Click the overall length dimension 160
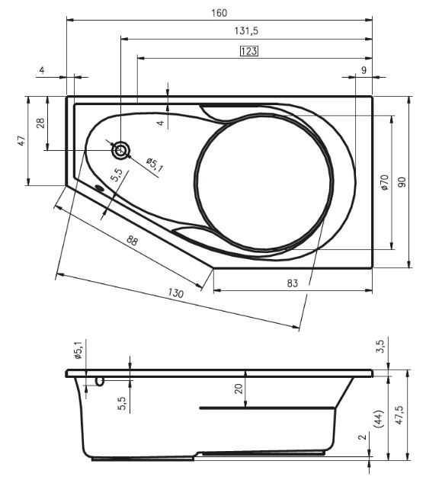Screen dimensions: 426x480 pyautogui.click(x=219, y=13)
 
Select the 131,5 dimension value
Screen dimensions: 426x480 pyautogui.click(x=246, y=30)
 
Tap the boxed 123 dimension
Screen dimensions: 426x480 pyautogui.click(x=248, y=51)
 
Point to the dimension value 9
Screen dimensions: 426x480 pyautogui.click(x=364, y=70)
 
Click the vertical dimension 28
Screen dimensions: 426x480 pyautogui.click(x=40, y=123)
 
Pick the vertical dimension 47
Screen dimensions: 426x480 pyautogui.click(x=21, y=140)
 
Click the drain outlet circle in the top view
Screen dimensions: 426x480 pyautogui.click(x=121, y=150)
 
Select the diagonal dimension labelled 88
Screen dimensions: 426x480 pyautogui.click(x=132, y=241)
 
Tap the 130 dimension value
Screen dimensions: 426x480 pyautogui.click(x=175, y=293)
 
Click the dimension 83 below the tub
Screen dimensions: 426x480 pyautogui.click(x=292, y=283)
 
